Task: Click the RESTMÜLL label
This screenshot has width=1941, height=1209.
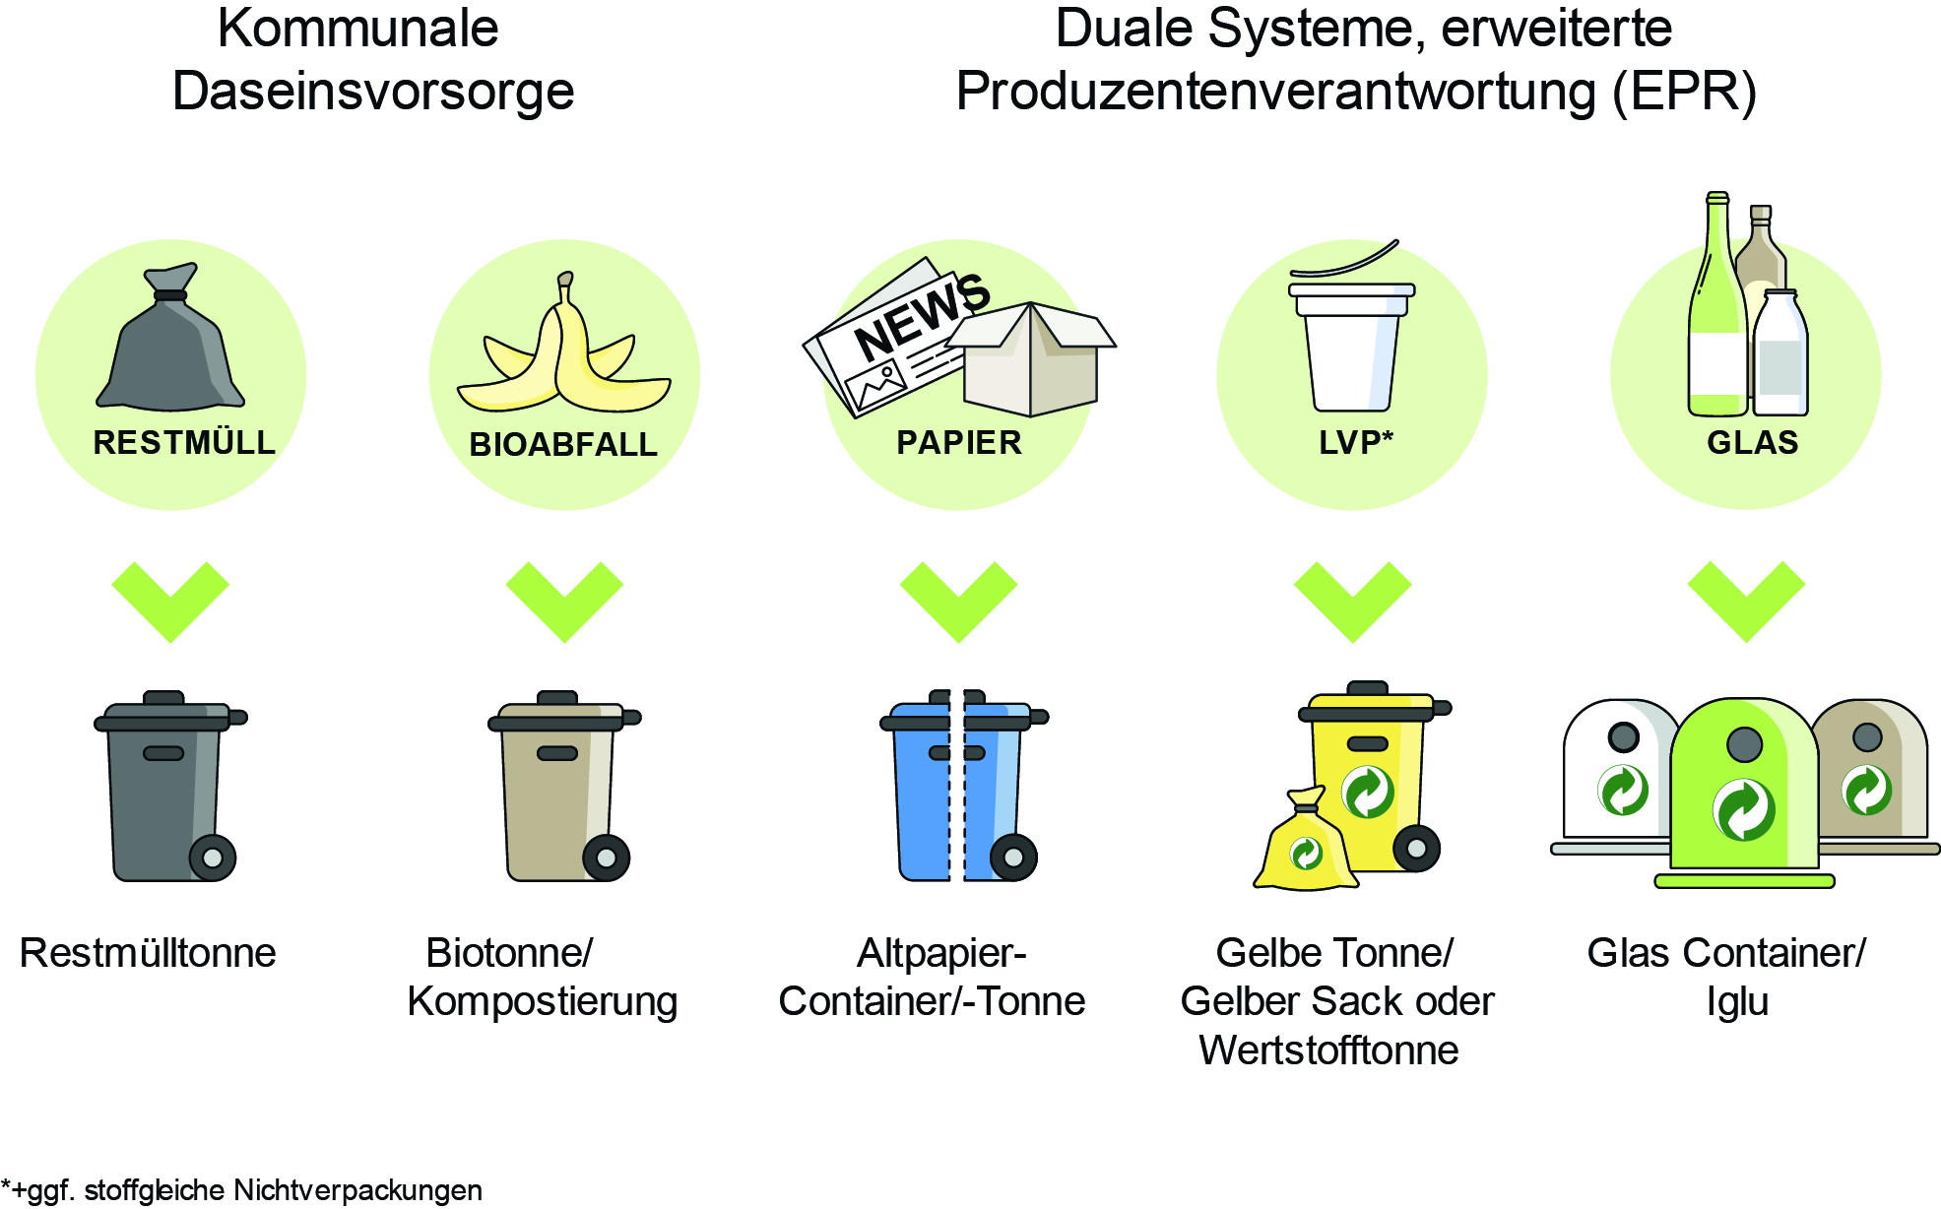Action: (x=184, y=442)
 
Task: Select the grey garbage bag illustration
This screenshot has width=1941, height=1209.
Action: (x=170, y=337)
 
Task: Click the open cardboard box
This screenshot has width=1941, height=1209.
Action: (x=1030, y=358)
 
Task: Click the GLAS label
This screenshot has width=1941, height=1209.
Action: (x=1753, y=442)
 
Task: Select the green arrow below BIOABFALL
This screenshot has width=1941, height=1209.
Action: (x=564, y=602)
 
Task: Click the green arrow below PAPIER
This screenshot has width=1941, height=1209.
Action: (x=958, y=602)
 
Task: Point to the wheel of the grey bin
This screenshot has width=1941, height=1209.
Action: (x=213, y=858)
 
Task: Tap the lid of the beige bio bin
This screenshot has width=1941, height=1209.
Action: (x=564, y=713)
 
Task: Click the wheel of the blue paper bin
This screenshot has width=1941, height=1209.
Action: (x=1013, y=858)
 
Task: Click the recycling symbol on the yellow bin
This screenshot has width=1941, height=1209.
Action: (x=1368, y=792)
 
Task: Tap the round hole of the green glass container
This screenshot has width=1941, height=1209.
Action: (x=1744, y=744)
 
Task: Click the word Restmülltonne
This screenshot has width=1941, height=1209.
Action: (x=148, y=953)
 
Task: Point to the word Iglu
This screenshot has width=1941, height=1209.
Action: (x=1737, y=1002)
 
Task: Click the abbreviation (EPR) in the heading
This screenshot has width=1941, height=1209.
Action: (x=1684, y=92)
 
